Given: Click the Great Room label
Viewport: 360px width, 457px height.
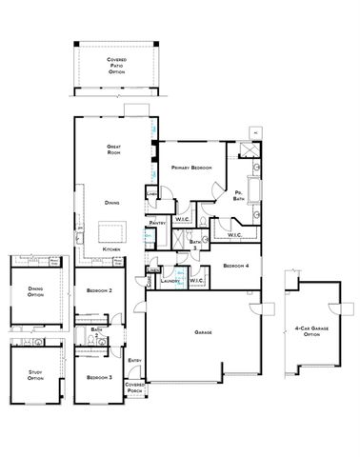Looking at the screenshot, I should coord(112,149).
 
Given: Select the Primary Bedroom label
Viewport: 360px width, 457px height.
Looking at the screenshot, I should coord(190,168).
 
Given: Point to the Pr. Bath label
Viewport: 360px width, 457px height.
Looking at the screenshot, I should coord(241,195).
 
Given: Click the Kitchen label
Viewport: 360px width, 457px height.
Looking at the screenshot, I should coord(111,249).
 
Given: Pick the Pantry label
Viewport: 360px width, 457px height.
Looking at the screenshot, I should coord(159,224).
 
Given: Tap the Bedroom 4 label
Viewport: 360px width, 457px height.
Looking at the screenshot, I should coord(237,266).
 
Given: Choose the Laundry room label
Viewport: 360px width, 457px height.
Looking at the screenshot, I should coord(171,281).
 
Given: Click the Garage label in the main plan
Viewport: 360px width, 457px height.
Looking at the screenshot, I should coord(203,332).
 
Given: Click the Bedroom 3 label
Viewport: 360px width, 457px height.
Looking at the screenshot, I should coord(99,378).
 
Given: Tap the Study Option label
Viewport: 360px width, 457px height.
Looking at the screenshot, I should coord(35,376).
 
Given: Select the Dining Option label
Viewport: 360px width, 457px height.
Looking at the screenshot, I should coord(35,292).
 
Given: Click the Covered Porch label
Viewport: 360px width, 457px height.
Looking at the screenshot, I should coord(133,388).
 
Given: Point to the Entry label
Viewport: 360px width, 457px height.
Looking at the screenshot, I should coord(135,360).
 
